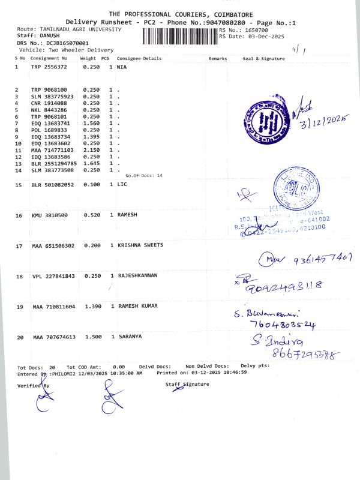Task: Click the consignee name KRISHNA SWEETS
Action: (x=140, y=245)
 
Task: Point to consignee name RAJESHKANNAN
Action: (x=137, y=276)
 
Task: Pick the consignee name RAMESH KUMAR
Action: (x=138, y=307)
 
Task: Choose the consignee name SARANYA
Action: (x=130, y=337)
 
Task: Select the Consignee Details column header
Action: (x=140, y=59)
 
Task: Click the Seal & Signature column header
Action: (x=263, y=59)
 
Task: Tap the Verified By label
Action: (x=34, y=385)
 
